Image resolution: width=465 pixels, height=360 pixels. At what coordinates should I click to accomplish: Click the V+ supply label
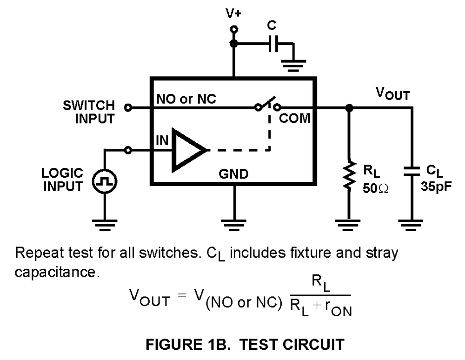(233, 14)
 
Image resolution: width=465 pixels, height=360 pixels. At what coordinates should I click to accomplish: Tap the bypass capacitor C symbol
(275, 44)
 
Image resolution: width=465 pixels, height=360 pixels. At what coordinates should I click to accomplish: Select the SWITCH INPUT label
(88, 112)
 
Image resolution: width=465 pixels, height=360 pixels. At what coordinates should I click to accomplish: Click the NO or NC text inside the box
(186, 99)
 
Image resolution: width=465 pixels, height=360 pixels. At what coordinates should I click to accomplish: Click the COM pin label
(294, 119)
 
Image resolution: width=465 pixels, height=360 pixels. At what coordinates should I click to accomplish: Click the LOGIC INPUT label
(62, 180)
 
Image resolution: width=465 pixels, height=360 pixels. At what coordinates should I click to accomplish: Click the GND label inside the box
(233, 174)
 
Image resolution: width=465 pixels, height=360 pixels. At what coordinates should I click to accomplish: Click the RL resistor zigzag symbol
(349, 176)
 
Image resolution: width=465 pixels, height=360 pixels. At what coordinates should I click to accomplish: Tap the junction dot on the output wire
(349, 107)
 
